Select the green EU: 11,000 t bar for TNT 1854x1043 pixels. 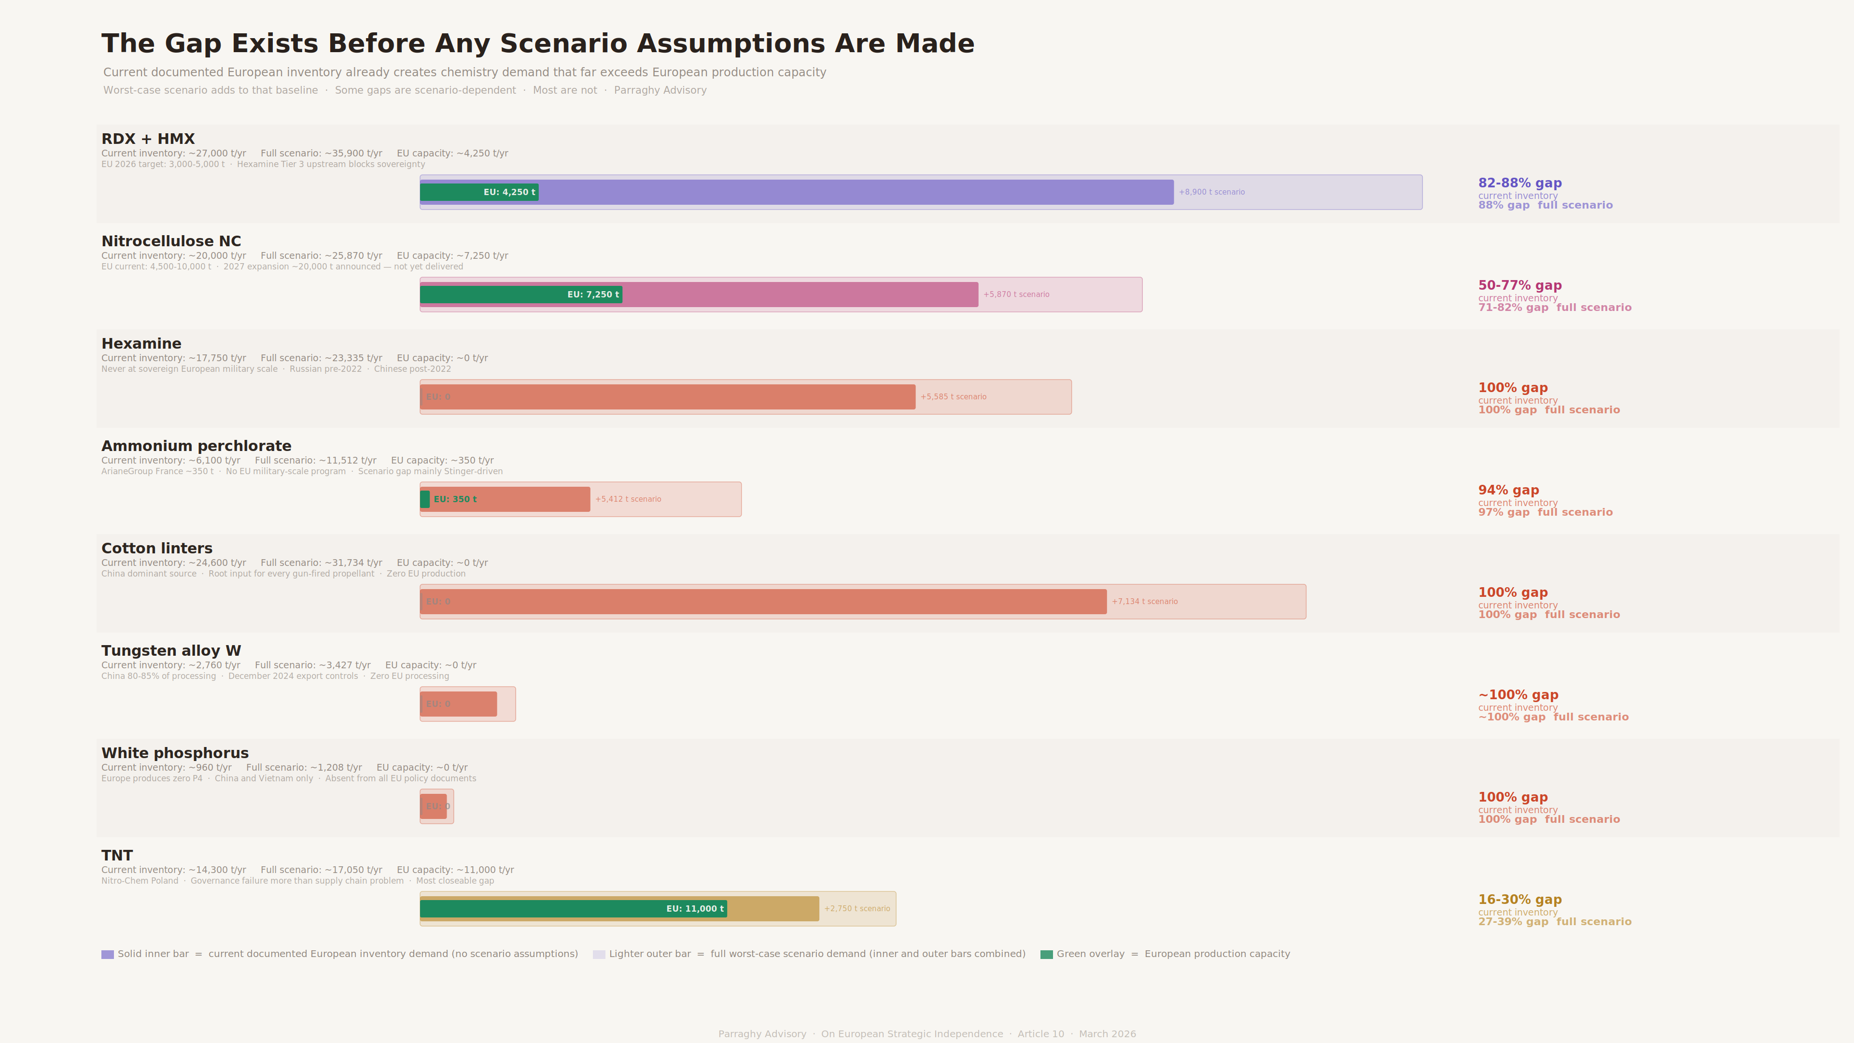573,908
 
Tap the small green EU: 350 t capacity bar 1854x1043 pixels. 425,499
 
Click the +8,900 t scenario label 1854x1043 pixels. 1211,192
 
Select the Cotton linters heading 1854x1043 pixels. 157,549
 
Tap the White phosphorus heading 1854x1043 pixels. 175,753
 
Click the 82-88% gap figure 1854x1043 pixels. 1519,183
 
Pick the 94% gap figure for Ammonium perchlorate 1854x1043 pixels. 1508,490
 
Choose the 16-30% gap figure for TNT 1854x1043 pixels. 1519,900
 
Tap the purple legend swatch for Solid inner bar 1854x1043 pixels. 107,955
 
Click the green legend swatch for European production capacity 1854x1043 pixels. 1046,955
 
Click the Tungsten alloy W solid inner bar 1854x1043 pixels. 459,704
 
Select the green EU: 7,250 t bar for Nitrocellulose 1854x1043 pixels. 520,295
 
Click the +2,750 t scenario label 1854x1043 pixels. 857,908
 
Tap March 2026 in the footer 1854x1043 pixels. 1107,1034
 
